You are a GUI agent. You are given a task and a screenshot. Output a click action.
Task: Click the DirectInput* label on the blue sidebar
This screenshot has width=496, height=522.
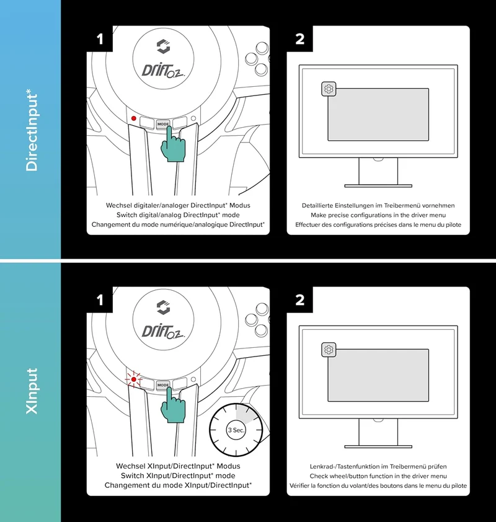tap(32, 133)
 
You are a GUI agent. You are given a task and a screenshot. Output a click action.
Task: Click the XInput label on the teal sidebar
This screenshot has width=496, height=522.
tap(32, 391)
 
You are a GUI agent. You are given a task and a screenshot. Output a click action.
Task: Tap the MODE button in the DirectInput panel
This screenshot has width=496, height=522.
tap(163, 124)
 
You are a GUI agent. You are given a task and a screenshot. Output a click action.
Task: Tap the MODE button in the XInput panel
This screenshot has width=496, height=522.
tap(163, 385)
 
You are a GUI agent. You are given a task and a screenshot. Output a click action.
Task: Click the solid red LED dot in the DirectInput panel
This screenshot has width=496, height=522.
tap(134, 118)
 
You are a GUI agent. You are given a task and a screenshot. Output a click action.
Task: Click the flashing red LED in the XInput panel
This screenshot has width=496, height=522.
tap(134, 379)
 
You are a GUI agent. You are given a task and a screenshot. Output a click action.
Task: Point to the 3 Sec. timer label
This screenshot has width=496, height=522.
tap(236, 430)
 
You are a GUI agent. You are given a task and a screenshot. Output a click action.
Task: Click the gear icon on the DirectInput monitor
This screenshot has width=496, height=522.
tap(329, 89)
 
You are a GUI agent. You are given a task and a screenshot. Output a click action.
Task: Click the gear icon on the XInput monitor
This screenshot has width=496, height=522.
tap(329, 350)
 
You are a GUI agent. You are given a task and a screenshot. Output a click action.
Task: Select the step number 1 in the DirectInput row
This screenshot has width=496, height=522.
tap(100, 39)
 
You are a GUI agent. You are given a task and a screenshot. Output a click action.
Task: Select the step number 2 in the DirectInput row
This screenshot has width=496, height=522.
tap(299, 39)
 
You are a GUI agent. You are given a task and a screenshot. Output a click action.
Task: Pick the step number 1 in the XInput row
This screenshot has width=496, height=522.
tap(100, 300)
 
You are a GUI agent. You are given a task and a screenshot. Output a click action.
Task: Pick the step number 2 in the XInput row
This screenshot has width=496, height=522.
tap(299, 300)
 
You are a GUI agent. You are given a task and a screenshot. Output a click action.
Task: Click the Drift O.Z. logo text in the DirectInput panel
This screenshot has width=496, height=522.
tap(163, 71)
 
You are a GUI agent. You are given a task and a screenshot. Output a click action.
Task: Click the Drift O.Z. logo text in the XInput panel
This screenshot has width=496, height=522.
tap(163, 332)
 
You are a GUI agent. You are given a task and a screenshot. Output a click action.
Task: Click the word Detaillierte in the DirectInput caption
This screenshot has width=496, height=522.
tap(317, 205)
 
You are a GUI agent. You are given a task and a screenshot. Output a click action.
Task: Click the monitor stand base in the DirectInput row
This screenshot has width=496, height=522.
tap(378, 186)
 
